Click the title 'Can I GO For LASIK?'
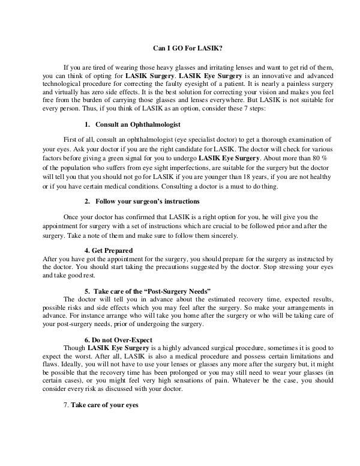tap(180, 49)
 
